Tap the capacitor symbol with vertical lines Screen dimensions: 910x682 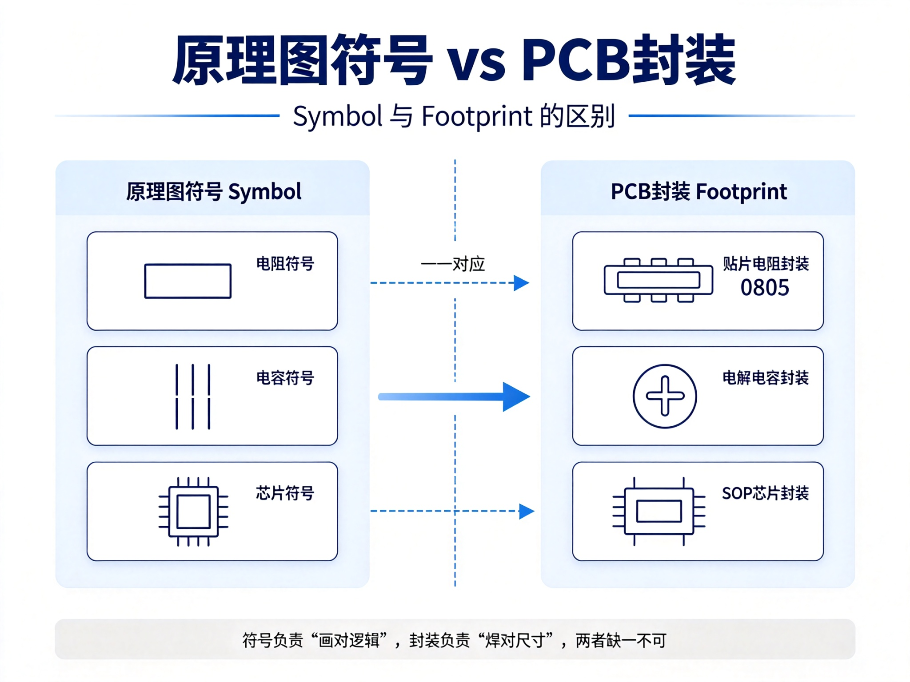click(x=193, y=397)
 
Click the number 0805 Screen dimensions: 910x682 click(x=765, y=288)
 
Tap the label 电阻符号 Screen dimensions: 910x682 click(x=285, y=264)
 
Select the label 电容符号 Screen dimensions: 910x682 click(x=285, y=378)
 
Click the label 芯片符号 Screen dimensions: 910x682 click(x=285, y=493)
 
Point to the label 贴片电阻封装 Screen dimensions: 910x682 click(x=766, y=264)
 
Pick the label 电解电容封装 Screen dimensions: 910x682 click(x=766, y=378)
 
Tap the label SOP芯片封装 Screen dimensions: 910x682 click(x=766, y=493)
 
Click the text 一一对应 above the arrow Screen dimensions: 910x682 click(x=453, y=264)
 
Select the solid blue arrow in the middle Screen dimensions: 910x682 click(x=454, y=397)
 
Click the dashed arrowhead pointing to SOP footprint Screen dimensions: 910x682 click(x=527, y=511)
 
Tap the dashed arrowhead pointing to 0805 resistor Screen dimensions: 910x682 click(x=522, y=283)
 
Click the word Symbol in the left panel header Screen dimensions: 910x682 click(x=265, y=192)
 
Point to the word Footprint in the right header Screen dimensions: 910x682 click(x=742, y=192)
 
